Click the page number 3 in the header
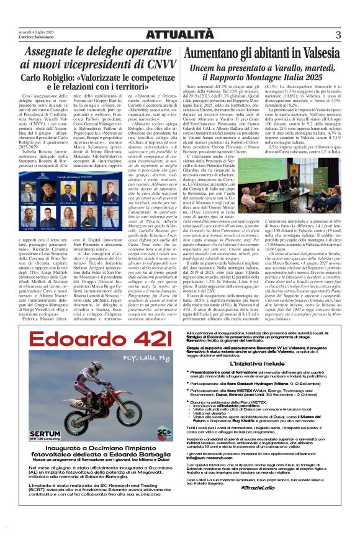(338, 35)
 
